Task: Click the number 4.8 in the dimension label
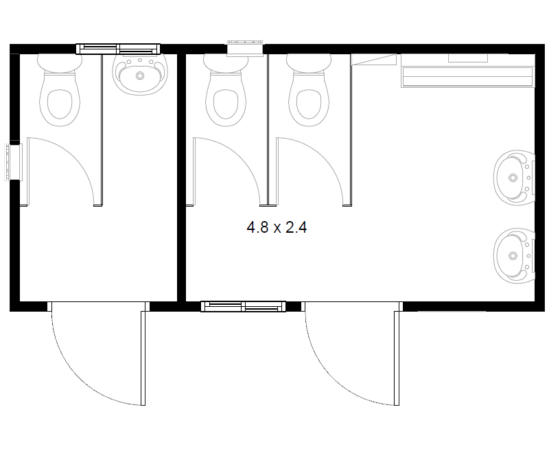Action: coord(257,227)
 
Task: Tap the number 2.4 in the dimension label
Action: coord(296,227)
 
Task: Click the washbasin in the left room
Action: coord(140,74)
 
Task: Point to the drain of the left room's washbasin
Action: coord(140,76)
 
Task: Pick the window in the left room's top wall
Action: coord(118,49)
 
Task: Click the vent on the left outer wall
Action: coord(13,162)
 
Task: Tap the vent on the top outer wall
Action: coord(245,48)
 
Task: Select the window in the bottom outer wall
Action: coord(244,306)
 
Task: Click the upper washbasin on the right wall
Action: coord(514,178)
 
